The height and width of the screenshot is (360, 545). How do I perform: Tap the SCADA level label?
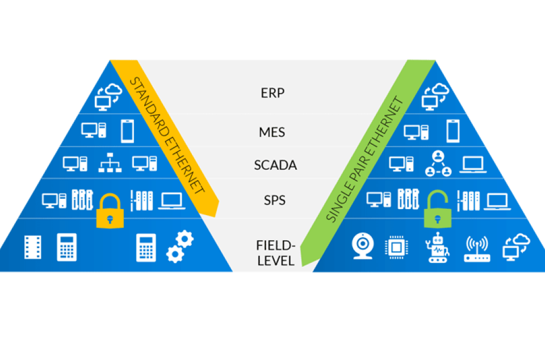point(275,166)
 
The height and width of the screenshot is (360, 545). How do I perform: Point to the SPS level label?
point(275,200)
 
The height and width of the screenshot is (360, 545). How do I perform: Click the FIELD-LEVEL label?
point(275,253)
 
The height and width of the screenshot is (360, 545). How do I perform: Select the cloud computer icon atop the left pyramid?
point(106,96)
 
